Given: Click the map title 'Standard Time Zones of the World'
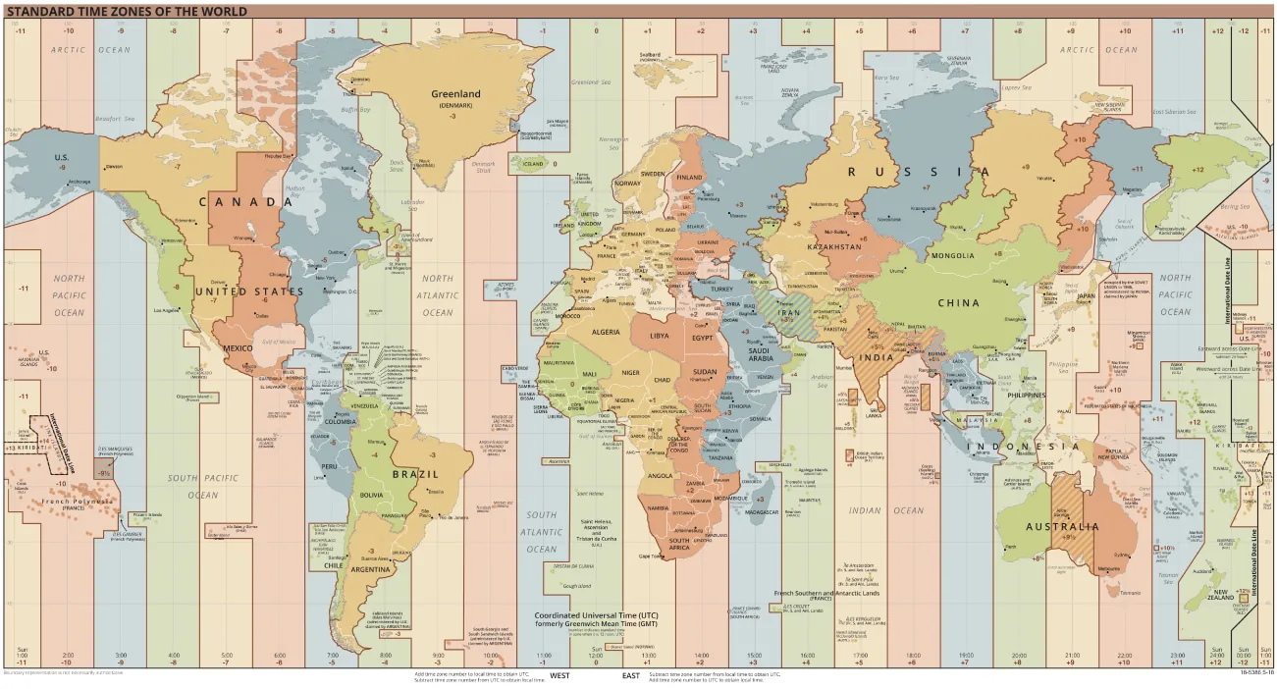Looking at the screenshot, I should click(x=128, y=12).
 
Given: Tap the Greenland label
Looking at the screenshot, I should click(x=455, y=94).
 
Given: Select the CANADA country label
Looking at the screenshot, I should click(x=239, y=202).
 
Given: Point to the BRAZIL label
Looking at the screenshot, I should click(x=415, y=473).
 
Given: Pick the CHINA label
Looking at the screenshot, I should click(x=958, y=303).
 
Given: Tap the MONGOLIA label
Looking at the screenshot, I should click(x=952, y=255).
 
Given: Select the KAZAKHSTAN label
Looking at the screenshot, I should click(x=833, y=247).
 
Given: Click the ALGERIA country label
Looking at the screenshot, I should click(x=605, y=332).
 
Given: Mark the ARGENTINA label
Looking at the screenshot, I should click(x=372, y=569).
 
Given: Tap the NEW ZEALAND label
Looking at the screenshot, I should click(x=1220, y=595).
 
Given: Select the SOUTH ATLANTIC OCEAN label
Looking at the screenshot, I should click(x=541, y=532).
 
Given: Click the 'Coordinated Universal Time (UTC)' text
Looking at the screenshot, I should click(x=596, y=615).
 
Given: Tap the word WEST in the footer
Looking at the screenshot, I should click(x=559, y=675).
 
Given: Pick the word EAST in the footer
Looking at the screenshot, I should click(x=631, y=675).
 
